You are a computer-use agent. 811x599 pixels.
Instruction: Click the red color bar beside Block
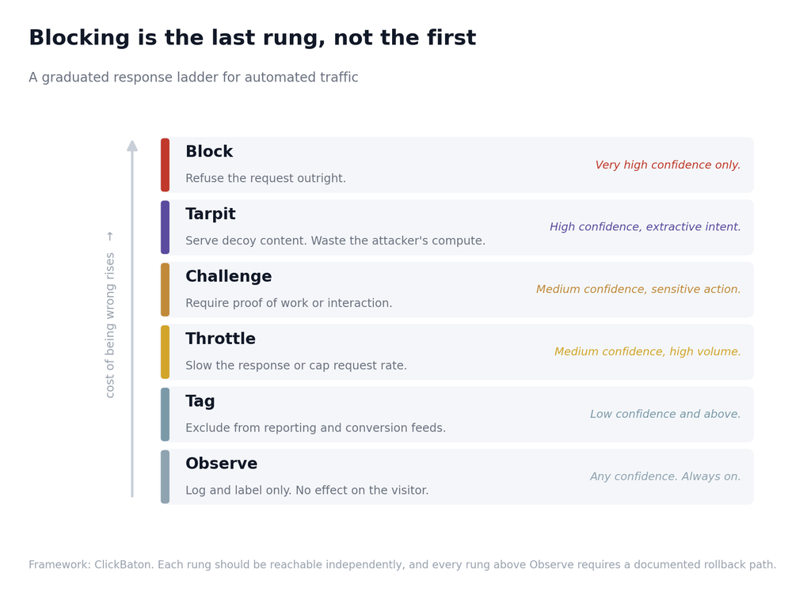coord(165,165)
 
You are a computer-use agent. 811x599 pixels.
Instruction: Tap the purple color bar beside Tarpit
coord(165,227)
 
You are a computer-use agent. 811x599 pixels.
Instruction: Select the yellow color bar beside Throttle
coord(165,352)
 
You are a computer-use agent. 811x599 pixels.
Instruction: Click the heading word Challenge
coord(229,276)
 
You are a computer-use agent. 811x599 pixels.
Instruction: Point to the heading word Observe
coord(222,463)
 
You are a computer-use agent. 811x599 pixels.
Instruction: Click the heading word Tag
coord(200,401)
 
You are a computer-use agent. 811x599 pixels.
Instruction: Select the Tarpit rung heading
coord(211,214)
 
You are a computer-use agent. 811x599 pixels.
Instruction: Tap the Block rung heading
coord(209,151)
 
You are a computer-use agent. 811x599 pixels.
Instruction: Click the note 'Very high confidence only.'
coord(668,165)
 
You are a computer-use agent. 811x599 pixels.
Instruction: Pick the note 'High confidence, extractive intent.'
coord(645,227)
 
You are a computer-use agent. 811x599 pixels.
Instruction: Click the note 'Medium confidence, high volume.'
coord(648,351)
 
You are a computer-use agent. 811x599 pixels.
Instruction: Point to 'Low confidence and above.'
coord(665,414)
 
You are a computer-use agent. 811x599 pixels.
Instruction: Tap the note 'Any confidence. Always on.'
coord(665,476)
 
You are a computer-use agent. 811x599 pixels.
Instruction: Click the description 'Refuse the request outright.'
coord(265,178)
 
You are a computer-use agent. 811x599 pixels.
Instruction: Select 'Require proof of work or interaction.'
coord(288,303)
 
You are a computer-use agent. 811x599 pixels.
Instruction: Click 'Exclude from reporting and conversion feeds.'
coord(315,428)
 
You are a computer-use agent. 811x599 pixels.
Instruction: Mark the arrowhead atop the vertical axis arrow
coord(132,146)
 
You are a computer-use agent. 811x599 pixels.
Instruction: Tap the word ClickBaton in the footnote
coord(124,564)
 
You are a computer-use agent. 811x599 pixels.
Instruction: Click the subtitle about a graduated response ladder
coord(193,78)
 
